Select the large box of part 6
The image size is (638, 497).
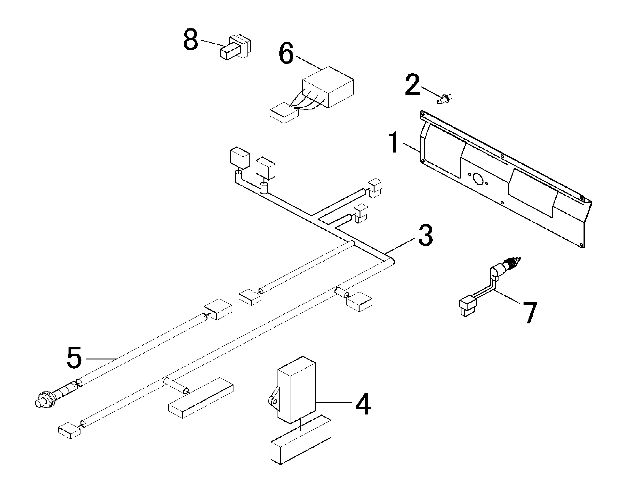pyautogui.click(x=328, y=87)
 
